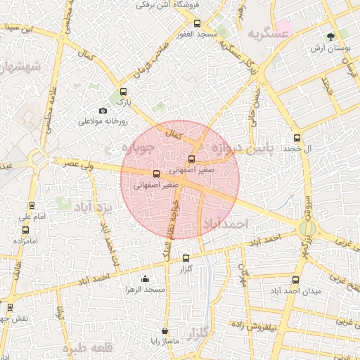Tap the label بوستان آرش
330,49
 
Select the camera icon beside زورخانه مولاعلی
103,110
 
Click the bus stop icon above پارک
124,91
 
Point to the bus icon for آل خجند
296,138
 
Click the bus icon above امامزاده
25,229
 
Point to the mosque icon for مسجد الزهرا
145,278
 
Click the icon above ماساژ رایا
165,330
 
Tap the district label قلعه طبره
87,347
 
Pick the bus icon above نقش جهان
10,307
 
